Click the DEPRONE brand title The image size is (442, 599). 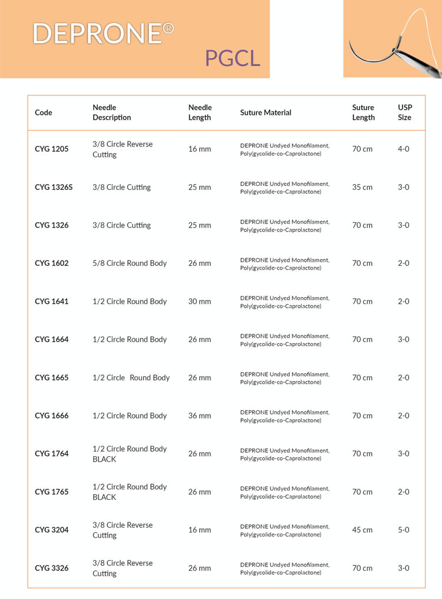[97, 34]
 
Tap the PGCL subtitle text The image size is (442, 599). [232, 58]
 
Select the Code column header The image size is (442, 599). [44, 113]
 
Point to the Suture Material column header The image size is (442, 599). [266, 113]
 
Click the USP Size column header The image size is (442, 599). [405, 113]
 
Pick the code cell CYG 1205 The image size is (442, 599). [52, 149]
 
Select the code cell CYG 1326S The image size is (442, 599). [54, 187]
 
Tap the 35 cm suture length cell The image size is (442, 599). [362, 187]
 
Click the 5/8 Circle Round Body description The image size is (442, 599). [130, 264]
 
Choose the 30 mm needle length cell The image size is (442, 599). [199, 301]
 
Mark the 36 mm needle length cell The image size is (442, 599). [199, 416]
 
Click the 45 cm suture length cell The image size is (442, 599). [362, 530]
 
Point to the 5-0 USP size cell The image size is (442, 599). [404, 530]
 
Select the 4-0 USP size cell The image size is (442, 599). [404, 149]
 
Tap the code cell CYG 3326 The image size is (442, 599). [52, 568]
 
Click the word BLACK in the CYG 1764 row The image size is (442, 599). [104, 459]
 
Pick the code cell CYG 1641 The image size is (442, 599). [52, 301]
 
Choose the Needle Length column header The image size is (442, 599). [200, 113]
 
